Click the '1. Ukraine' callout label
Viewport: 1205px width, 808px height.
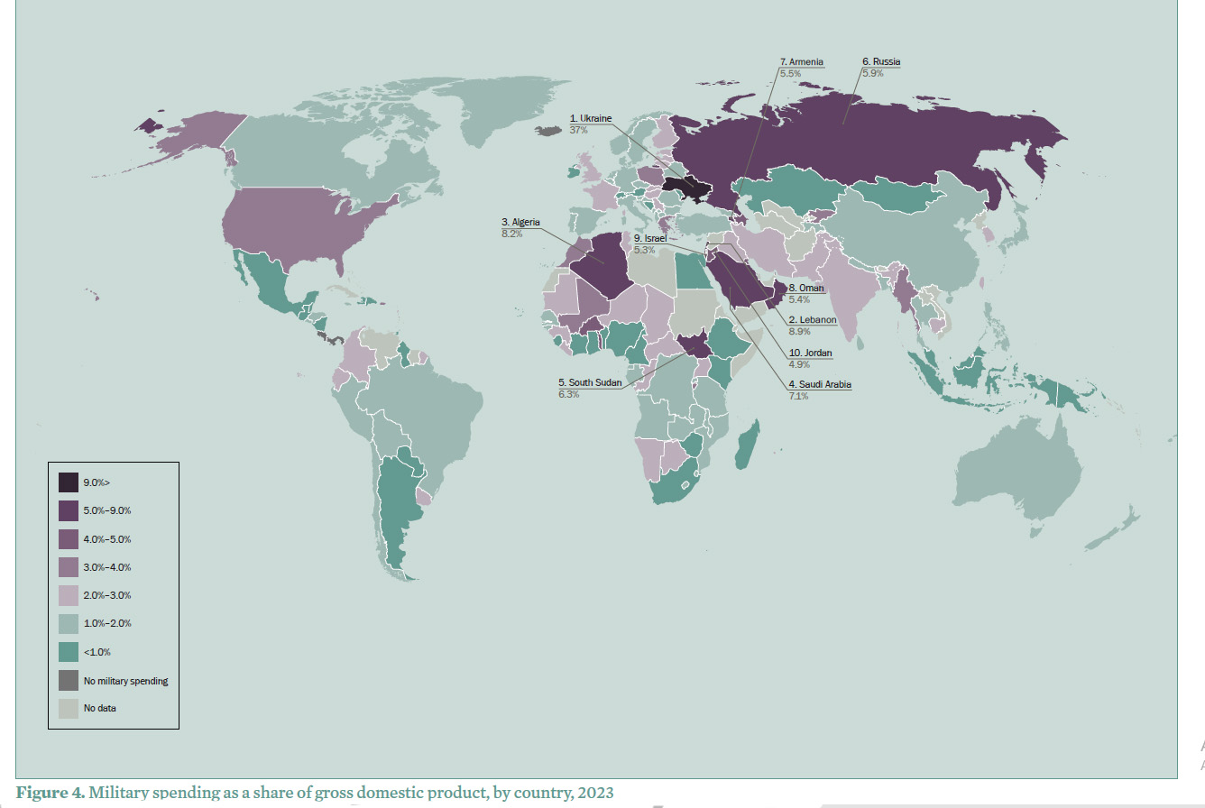[x=591, y=118]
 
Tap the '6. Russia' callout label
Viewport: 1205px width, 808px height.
[x=881, y=61]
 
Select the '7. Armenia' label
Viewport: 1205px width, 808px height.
[x=801, y=61]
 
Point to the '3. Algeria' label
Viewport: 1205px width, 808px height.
[x=520, y=222]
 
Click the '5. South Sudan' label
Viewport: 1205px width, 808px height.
[x=588, y=381]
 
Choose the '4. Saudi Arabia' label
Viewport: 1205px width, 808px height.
[x=820, y=384]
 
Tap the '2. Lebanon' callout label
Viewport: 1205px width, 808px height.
[x=813, y=320]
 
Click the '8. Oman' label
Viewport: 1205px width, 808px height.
[x=806, y=288]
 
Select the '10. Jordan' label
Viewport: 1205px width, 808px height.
[x=811, y=353]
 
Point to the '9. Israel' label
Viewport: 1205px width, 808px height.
[x=649, y=238]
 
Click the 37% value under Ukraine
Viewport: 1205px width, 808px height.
[x=578, y=130]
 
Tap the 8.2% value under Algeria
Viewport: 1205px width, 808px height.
[x=511, y=234]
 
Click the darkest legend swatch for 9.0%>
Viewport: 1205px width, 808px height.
[x=69, y=482]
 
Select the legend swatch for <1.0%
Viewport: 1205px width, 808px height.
[x=69, y=652]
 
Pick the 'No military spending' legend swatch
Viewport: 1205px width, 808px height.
[x=69, y=680]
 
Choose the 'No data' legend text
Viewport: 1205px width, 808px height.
[x=100, y=708]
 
